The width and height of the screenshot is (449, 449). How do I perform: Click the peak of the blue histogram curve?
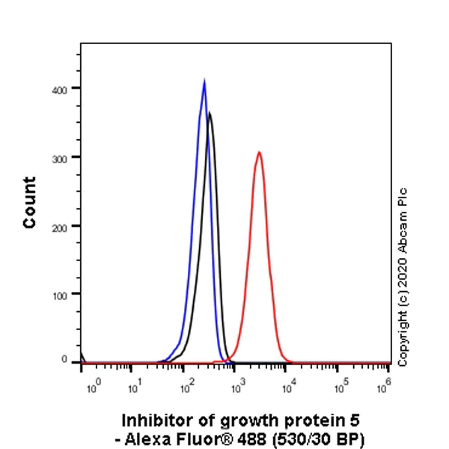coord(204,80)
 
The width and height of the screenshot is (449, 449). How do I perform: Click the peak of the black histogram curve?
coord(210,113)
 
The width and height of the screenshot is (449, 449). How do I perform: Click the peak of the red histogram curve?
coord(259,153)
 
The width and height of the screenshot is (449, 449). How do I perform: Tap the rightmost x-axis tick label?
coord(387,383)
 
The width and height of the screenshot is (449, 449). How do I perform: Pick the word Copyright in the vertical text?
coord(403,340)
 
